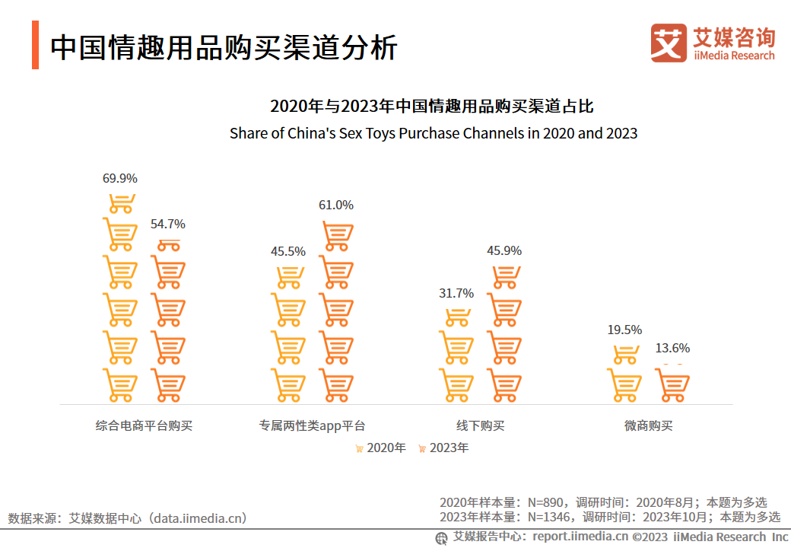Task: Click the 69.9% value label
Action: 120,179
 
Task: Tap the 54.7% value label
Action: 167,224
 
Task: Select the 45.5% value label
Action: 288,251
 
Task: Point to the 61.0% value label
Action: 335,205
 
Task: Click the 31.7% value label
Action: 456,293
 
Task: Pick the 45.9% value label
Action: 504,250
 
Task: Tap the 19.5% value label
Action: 624,330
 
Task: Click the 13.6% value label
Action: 672,348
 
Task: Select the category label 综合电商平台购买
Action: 144,425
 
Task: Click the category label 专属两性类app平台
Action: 312,425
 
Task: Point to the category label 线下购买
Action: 480,425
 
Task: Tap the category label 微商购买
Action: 648,425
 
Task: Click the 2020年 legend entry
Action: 380,448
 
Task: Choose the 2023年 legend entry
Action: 443,448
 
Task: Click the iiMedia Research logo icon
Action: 669,43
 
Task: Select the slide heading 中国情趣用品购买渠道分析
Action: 224,47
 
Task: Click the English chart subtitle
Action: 434,133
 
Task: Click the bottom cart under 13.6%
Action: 672,385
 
